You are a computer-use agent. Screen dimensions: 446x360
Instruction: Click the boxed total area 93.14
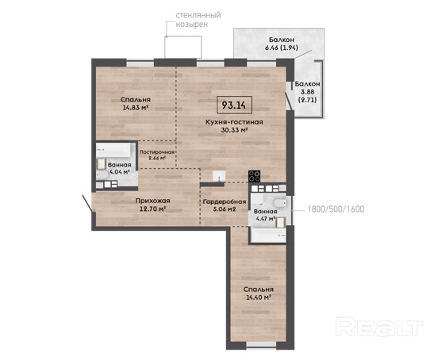[x=234, y=105]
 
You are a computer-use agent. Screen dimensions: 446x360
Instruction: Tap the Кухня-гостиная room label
[x=234, y=122]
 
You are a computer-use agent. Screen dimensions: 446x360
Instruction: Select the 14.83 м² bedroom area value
[x=136, y=108]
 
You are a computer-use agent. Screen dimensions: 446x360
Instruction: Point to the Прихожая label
[x=152, y=201]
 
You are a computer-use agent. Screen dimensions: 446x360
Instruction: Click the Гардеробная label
[x=225, y=201]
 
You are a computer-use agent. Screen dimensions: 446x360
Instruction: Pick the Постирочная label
[x=156, y=152]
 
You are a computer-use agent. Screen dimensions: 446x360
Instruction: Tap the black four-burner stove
[x=254, y=176]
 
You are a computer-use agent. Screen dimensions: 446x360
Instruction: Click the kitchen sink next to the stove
[x=219, y=176]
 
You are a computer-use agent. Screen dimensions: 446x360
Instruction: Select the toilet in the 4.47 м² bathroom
[x=279, y=203]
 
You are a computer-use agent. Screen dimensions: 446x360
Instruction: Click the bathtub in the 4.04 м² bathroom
[x=113, y=150]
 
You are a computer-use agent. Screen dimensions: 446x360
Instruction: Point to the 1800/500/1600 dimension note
[x=336, y=209]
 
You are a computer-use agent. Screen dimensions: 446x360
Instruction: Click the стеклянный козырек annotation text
[x=198, y=20]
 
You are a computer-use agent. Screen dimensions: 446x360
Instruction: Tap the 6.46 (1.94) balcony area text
[x=282, y=48]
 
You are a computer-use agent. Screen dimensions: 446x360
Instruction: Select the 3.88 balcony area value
[x=307, y=92]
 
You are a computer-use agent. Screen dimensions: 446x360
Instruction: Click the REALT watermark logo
[x=379, y=327]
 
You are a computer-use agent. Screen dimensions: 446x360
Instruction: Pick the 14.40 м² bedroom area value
[x=258, y=297]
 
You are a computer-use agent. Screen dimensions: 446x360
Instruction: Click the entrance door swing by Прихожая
[x=87, y=204]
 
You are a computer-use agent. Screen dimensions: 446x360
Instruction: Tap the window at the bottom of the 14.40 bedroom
[x=261, y=344]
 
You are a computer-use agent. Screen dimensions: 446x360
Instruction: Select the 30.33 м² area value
[x=234, y=130]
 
